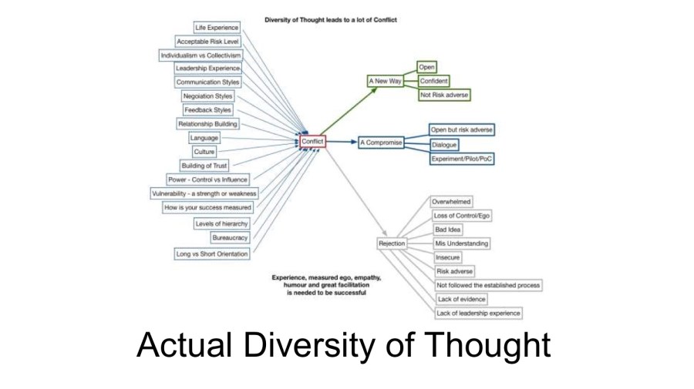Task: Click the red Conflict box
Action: click(312, 142)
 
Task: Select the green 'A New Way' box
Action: click(384, 81)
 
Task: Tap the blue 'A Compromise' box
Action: click(381, 143)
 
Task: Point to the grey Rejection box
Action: click(392, 243)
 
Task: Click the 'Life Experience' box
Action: click(217, 28)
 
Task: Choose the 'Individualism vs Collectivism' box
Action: click(200, 55)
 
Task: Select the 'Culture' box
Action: click(204, 152)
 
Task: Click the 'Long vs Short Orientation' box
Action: click(212, 253)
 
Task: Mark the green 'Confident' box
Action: click(433, 81)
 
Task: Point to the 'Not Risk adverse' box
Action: click(443, 95)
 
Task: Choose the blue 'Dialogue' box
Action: click(444, 144)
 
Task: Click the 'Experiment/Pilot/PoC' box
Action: click(462, 158)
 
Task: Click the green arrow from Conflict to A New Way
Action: click(351, 111)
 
